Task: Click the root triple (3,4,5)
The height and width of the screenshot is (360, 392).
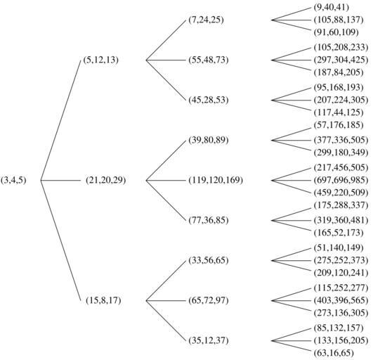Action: click(x=13, y=180)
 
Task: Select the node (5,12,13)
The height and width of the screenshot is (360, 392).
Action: click(x=100, y=60)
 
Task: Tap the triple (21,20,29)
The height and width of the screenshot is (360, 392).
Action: click(x=106, y=180)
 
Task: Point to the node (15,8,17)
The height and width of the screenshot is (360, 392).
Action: click(x=103, y=300)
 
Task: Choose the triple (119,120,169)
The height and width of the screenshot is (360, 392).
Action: click(x=216, y=180)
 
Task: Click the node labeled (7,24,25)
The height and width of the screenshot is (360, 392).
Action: click(x=206, y=20)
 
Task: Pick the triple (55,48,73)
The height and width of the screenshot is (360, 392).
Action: click(x=209, y=60)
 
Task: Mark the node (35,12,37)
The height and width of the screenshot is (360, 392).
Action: click(x=209, y=340)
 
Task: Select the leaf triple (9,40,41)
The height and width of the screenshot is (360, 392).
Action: click(x=332, y=8)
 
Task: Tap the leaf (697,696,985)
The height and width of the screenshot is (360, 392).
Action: click(x=341, y=180)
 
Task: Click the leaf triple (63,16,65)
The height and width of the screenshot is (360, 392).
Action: click(x=334, y=353)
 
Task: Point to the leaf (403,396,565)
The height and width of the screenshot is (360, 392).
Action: click(x=341, y=300)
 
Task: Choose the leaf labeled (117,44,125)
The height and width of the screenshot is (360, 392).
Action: click(x=339, y=112)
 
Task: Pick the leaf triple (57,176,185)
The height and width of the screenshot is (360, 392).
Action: click(x=339, y=125)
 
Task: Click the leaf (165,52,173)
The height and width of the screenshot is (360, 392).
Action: click(x=339, y=233)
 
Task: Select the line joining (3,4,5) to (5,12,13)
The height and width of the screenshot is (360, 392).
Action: click(x=61, y=120)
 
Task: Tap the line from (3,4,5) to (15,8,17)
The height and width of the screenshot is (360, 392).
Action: click(x=61, y=240)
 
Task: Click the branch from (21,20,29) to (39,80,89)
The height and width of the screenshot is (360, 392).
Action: click(x=166, y=160)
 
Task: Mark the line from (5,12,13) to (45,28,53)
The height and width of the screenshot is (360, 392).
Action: click(x=166, y=80)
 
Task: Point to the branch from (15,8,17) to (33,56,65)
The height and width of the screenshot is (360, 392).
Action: click(x=166, y=281)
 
